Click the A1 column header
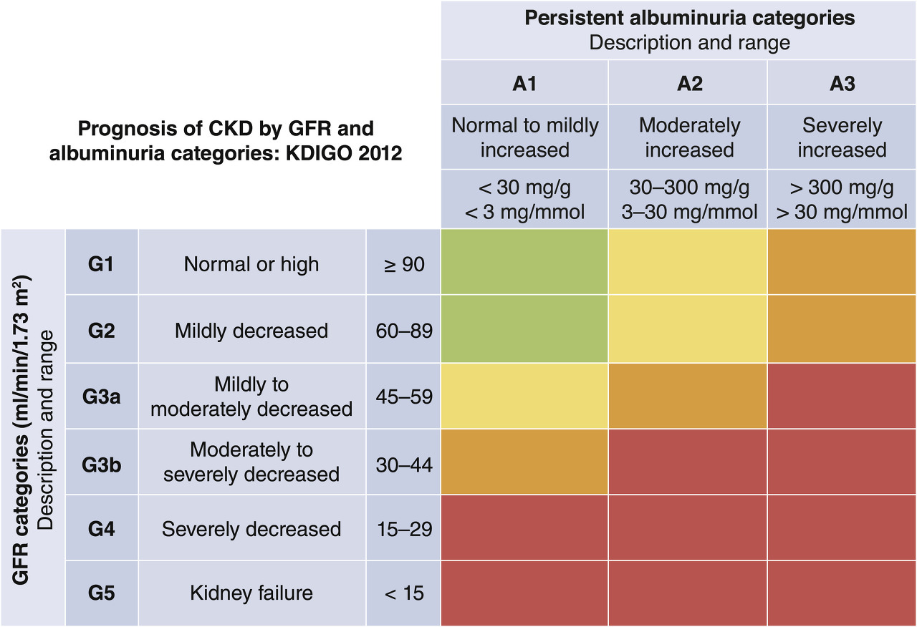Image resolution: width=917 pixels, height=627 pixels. click(x=524, y=83)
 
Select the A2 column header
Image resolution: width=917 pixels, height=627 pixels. click(x=688, y=83)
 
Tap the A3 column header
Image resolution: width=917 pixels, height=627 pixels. click(x=842, y=83)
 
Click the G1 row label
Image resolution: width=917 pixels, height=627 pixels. click(x=102, y=264)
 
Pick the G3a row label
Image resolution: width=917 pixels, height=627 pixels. click(x=102, y=397)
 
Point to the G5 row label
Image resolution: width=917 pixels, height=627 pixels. click(x=102, y=593)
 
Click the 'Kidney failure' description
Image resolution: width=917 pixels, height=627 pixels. click(x=251, y=593)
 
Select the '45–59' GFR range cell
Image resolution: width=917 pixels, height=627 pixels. click(x=404, y=397)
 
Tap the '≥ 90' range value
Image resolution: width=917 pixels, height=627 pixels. click(x=404, y=264)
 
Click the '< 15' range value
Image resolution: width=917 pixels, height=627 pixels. click(x=404, y=593)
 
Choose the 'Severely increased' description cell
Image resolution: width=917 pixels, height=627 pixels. click(x=842, y=137)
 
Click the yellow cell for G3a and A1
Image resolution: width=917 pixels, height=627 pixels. click(x=524, y=396)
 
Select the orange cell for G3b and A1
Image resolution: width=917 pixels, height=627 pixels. click(x=524, y=462)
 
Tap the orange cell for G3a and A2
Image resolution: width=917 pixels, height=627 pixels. click(x=688, y=396)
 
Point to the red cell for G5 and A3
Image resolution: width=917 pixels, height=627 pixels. click(x=842, y=593)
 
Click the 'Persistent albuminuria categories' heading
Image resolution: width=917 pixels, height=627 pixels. click(x=689, y=18)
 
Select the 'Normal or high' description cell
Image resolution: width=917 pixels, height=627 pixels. click(x=251, y=264)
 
